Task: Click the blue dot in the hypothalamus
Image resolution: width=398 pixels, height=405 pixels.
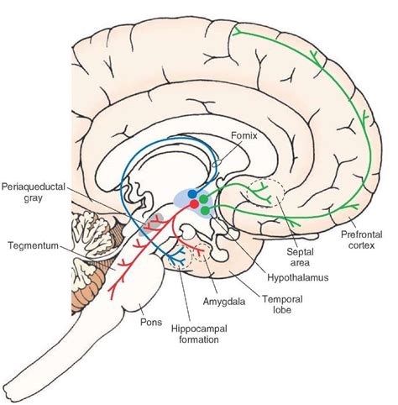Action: pos(191,194)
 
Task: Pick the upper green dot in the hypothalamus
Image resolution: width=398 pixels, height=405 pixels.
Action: pos(204,198)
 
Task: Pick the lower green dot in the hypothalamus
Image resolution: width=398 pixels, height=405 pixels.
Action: pos(203,210)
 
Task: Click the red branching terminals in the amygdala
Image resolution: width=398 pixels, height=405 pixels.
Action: pos(200,249)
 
